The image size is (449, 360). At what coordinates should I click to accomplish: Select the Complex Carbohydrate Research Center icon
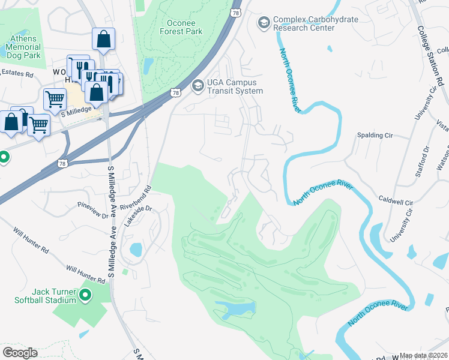(264, 23)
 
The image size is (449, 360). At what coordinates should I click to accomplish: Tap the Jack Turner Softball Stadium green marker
(85, 295)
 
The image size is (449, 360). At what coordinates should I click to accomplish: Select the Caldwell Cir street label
(396, 203)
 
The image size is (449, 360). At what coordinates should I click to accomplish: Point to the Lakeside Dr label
(139, 215)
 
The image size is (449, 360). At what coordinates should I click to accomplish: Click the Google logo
(20, 353)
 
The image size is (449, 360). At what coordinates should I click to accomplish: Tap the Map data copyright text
(423, 355)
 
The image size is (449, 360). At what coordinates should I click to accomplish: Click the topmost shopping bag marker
(103, 40)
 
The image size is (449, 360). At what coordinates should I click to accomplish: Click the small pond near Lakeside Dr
(136, 249)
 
